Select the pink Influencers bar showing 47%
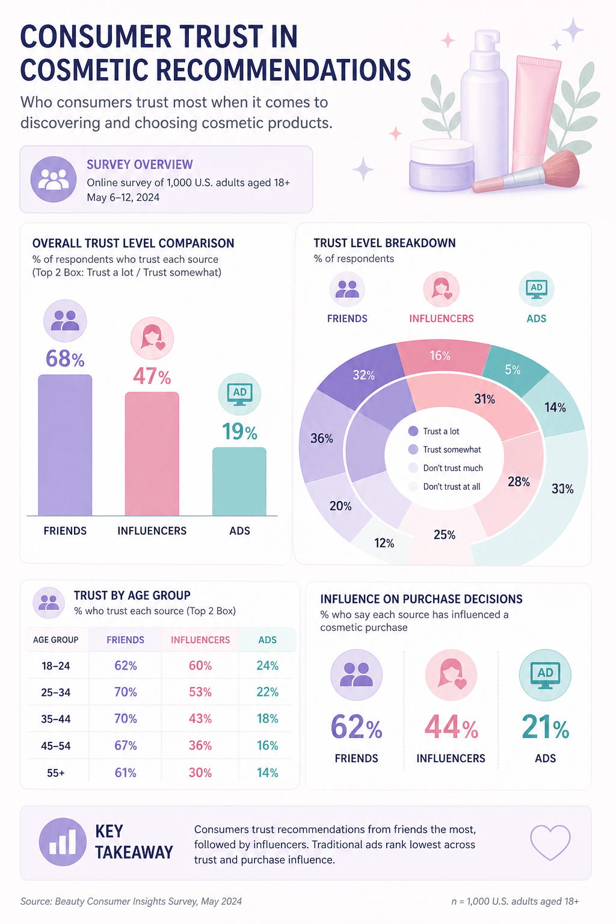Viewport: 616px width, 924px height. click(152, 454)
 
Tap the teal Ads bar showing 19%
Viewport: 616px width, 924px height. click(239, 481)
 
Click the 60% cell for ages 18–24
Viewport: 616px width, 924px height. click(200, 665)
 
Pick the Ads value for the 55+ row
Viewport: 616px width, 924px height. click(267, 772)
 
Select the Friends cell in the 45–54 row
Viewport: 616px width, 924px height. click(126, 745)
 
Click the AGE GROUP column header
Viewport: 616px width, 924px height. click(56, 639)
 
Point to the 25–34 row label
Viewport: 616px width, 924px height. click(56, 692)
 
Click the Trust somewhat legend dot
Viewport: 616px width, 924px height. click(413, 449)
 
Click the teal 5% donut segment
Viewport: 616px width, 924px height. click(514, 369)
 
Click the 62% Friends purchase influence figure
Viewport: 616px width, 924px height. click(357, 727)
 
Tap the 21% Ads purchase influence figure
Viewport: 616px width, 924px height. click(545, 727)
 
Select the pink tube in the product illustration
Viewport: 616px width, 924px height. click(535, 114)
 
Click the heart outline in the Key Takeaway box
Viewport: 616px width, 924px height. click(550, 842)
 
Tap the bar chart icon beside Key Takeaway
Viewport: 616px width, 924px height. click(63, 842)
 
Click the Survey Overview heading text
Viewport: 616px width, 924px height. click(140, 164)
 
